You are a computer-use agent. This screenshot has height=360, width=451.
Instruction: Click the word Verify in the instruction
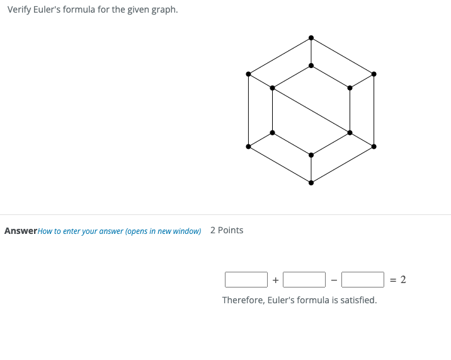tap(20, 10)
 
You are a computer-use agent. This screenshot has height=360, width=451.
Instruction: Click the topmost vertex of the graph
tap(311, 38)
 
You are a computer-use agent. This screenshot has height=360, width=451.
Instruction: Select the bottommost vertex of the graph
tap(311, 183)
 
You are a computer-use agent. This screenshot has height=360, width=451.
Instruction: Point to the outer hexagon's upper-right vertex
tap(374, 74)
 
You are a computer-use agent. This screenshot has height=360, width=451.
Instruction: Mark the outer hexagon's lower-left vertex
tap(248, 146)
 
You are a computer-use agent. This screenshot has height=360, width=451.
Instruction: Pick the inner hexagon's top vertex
tap(311, 65)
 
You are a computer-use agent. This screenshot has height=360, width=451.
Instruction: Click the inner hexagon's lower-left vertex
tap(272, 132)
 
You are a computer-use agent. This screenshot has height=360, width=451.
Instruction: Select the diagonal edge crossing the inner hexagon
tap(311, 110)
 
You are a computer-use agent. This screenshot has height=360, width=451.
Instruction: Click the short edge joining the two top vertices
tap(311, 52)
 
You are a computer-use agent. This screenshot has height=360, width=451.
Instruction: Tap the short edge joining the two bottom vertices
tap(311, 169)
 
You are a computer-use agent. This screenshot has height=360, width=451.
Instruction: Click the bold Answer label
tap(21, 231)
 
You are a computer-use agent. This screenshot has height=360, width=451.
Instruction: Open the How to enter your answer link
tap(119, 231)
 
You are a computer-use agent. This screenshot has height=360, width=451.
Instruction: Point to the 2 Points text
tap(227, 230)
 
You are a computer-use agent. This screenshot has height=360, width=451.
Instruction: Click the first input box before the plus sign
tap(246, 279)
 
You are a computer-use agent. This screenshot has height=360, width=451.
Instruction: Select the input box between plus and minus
tap(304, 279)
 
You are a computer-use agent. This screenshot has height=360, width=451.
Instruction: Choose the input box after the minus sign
tap(363, 279)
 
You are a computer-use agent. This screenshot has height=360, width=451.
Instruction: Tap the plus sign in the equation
tap(275, 280)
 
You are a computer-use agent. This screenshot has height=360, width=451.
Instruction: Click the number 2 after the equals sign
tap(403, 279)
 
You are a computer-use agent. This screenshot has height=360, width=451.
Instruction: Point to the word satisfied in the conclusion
tap(357, 300)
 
